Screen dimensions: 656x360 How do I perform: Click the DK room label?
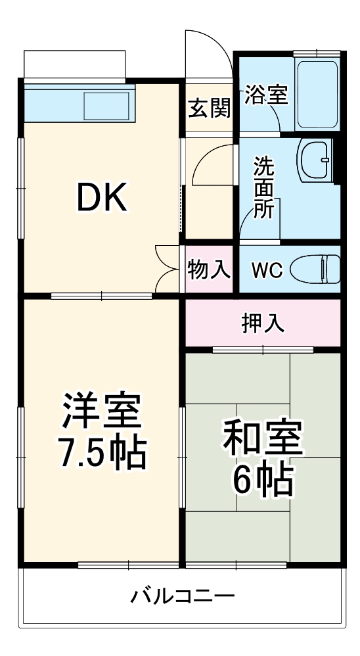click(x=102, y=197)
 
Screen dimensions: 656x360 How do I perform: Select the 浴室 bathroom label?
click(x=266, y=95)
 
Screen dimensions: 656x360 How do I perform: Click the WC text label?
click(x=267, y=270)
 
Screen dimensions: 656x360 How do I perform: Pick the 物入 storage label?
click(x=209, y=269)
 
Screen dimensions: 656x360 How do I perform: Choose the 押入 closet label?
click(x=263, y=323)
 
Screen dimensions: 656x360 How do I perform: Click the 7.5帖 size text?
click(x=102, y=452)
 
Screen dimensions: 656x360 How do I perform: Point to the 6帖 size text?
click(x=263, y=482)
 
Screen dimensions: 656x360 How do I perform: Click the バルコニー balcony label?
click(x=182, y=597)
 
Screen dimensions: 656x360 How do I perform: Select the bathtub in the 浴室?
click(x=317, y=93)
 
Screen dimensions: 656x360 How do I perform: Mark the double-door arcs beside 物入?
click(x=168, y=267)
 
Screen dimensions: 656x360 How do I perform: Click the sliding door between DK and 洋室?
click(x=102, y=296)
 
